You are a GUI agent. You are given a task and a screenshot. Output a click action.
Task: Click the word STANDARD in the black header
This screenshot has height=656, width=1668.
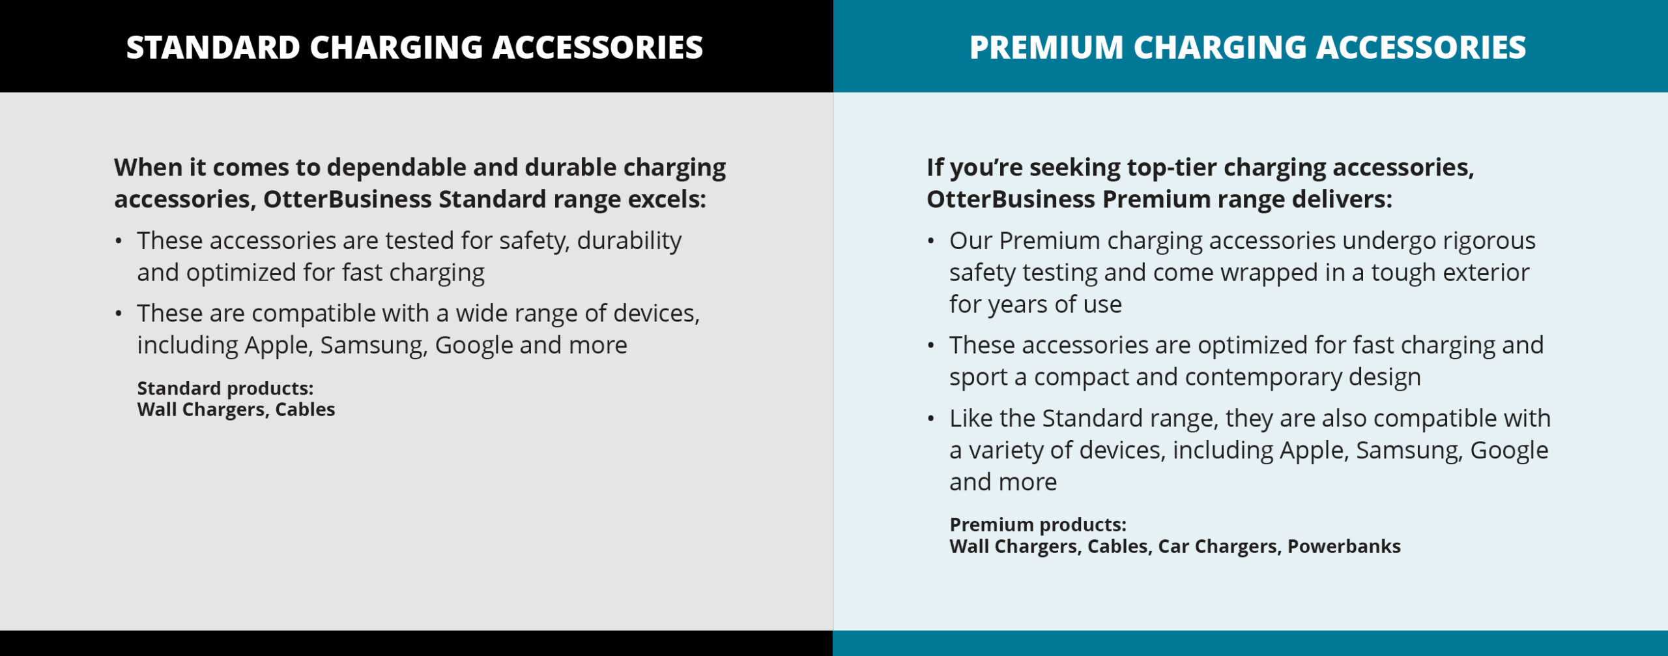pyautogui.click(x=213, y=48)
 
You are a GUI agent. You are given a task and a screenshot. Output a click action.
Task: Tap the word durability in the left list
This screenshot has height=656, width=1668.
pyautogui.click(x=629, y=241)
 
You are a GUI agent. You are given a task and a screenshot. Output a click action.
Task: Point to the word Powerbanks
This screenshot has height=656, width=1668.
pyautogui.click(x=1344, y=546)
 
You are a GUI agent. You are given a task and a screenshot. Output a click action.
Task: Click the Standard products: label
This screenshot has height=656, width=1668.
pyautogui.click(x=225, y=389)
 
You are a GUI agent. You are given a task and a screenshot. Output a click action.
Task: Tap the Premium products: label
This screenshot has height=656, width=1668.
pyautogui.click(x=1038, y=525)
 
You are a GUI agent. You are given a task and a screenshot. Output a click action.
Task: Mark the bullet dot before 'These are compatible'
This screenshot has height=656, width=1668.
pyautogui.click(x=118, y=314)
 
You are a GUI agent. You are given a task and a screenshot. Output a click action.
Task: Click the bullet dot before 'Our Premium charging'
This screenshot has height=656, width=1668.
pyautogui.click(x=930, y=241)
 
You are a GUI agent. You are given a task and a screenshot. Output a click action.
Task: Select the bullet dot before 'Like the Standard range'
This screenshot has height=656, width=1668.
pyautogui.click(x=930, y=419)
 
